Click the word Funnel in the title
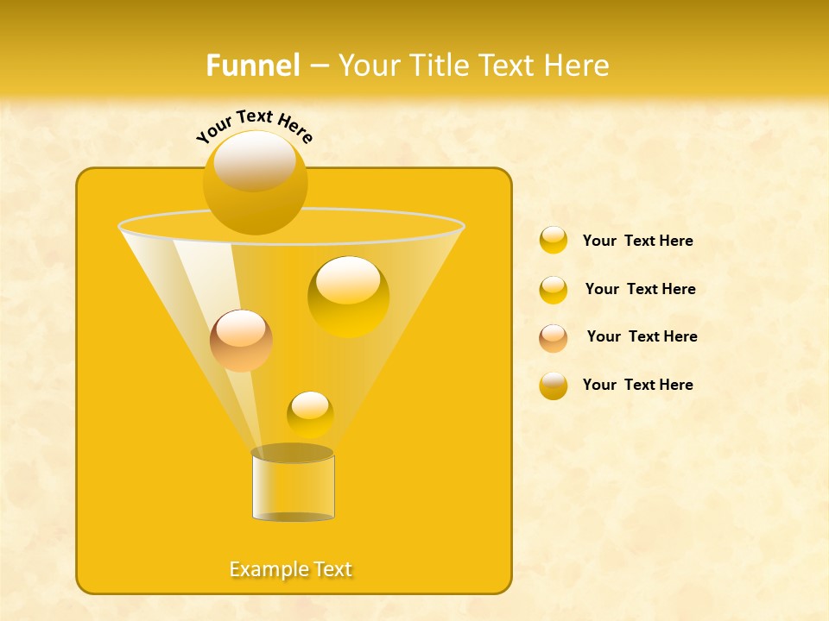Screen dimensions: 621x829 (253, 66)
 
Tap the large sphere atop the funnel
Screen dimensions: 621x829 (255, 183)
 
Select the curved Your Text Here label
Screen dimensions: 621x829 (254, 126)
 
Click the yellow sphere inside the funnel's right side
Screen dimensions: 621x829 (348, 296)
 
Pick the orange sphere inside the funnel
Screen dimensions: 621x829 (241, 341)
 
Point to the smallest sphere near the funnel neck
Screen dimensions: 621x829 (310, 414)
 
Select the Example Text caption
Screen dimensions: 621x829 (291, 569)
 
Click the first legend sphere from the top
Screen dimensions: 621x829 (554, 241)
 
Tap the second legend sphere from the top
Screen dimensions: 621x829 (554, 290)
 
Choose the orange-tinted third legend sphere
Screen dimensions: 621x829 (554, 338)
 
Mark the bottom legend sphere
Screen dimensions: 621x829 (554, 386)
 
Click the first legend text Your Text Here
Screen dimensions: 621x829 (637, 241)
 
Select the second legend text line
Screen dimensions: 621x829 (640, 290)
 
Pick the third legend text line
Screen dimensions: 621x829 (642, 337)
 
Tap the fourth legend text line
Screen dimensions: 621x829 (637, 385)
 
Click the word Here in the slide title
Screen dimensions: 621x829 (579, 66)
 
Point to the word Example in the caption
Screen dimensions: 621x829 (264, 569)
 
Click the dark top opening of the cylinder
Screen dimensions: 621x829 (293, 453)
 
